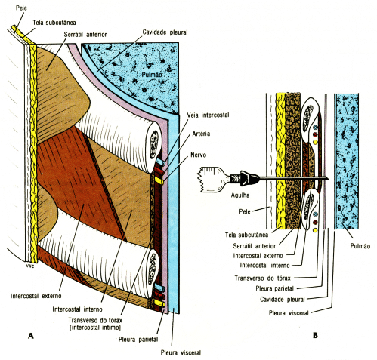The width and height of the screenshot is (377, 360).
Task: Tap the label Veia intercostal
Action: coord(209,114)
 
